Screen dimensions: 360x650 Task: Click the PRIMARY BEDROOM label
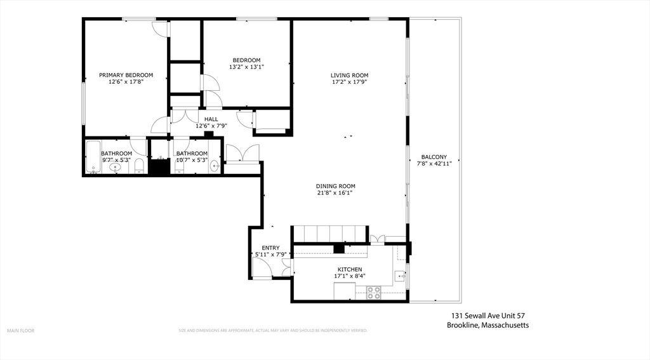click(x=126, y=75)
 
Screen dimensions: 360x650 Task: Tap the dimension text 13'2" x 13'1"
click(x=246, y=67)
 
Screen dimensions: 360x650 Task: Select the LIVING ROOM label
click(x=349, y=76)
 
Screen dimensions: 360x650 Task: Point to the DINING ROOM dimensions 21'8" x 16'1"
click(x=336, y=193)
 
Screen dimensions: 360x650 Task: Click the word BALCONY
click(x=434, y=157)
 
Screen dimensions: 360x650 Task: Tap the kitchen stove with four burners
click(x=373, y=293)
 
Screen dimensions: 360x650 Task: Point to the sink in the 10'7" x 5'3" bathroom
click(x=215, y=166)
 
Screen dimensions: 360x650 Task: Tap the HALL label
click(x=211, y=119)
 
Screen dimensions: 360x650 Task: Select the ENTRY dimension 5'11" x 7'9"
click(x=270, y=255)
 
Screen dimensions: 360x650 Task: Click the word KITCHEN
click(x=349, y=269)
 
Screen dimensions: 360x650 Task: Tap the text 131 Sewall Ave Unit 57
click(x=487, y=316)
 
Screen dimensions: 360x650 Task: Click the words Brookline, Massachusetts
click(x=487, y=325)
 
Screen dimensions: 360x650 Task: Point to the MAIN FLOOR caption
click(x=20, y=330)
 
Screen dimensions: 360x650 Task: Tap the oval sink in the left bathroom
click(x=116, y=168)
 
